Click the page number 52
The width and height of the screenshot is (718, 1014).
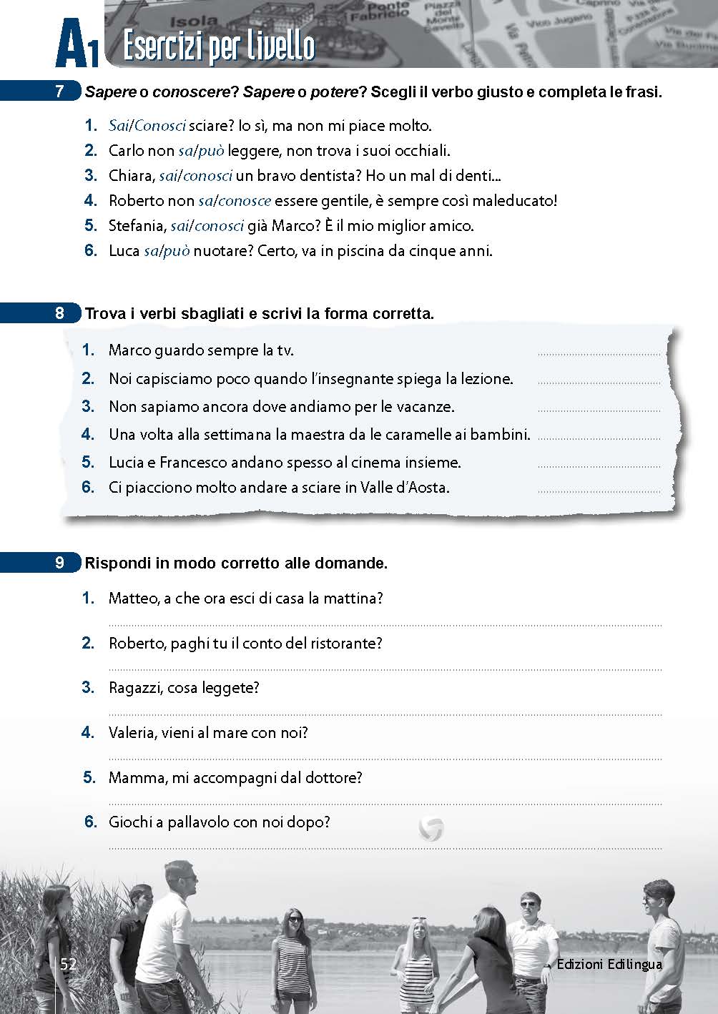point(68,964)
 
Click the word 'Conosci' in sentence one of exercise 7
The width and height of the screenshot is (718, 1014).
point(159,127)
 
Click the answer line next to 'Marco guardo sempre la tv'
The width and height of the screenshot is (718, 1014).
point(599,353)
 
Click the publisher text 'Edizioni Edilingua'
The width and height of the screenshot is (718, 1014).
point(609,965)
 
